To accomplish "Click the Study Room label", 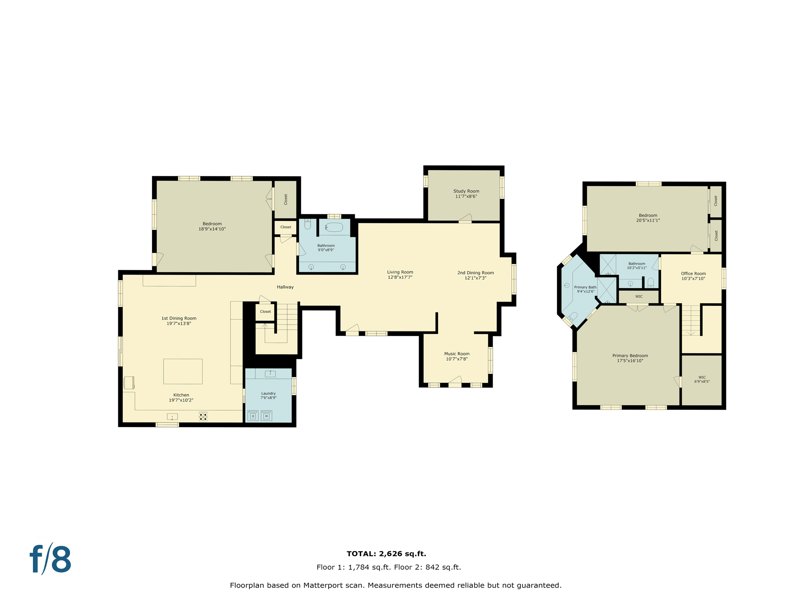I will (x=466, y=191).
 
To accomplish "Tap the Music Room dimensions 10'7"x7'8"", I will (x=457, y=359).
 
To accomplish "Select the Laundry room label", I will (x=268, y=393).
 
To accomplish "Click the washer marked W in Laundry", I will (x=266, y=416).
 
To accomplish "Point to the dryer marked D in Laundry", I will (x=253, y=416).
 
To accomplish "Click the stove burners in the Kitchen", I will (x=203, y=416).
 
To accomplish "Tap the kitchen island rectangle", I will (x=183, y=371).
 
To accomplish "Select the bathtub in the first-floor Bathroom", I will (x=334, y=227).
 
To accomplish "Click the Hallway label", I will (x=285, y=287).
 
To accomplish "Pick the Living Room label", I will (x=400, y=272).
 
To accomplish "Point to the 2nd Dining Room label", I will (x=475, y=273).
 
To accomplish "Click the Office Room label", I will (x=693, y=273).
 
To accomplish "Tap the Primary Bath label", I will (x=585, y=287).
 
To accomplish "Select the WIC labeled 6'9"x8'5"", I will (x=702, y=379).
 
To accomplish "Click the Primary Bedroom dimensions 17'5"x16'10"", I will (x=630, y=361).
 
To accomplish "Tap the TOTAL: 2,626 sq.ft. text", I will (x=386, y=554).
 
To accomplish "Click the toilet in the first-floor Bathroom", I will (x=307, y=224).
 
